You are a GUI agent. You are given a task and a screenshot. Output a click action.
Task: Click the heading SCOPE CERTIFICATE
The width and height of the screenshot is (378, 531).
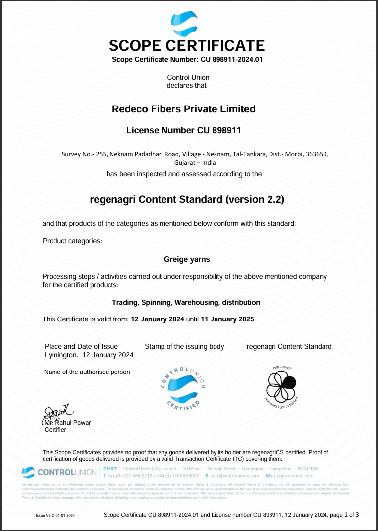point(187,46)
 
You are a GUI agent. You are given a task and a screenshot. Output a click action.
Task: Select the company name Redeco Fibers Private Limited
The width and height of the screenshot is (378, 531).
point(184,109)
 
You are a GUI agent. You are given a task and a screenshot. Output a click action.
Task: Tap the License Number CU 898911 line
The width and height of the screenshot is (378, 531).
point(184,131)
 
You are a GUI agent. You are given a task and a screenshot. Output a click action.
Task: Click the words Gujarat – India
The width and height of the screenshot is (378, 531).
point(195,162)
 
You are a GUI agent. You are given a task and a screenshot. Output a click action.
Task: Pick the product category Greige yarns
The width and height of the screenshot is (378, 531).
point(187,259)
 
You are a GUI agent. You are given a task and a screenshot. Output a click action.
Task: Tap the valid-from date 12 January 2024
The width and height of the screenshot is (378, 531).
point(157,319)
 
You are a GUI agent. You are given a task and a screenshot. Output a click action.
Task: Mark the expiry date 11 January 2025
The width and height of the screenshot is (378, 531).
point(227,319)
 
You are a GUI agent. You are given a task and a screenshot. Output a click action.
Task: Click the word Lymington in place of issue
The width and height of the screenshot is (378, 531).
point(60,355)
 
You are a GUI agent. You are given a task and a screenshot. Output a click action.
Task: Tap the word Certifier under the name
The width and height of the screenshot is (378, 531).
point(55,430)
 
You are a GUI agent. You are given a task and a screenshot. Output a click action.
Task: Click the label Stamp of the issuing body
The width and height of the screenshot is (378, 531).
point(184,346)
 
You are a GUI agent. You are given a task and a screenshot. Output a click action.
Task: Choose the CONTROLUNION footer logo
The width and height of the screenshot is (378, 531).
point(59,472)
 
